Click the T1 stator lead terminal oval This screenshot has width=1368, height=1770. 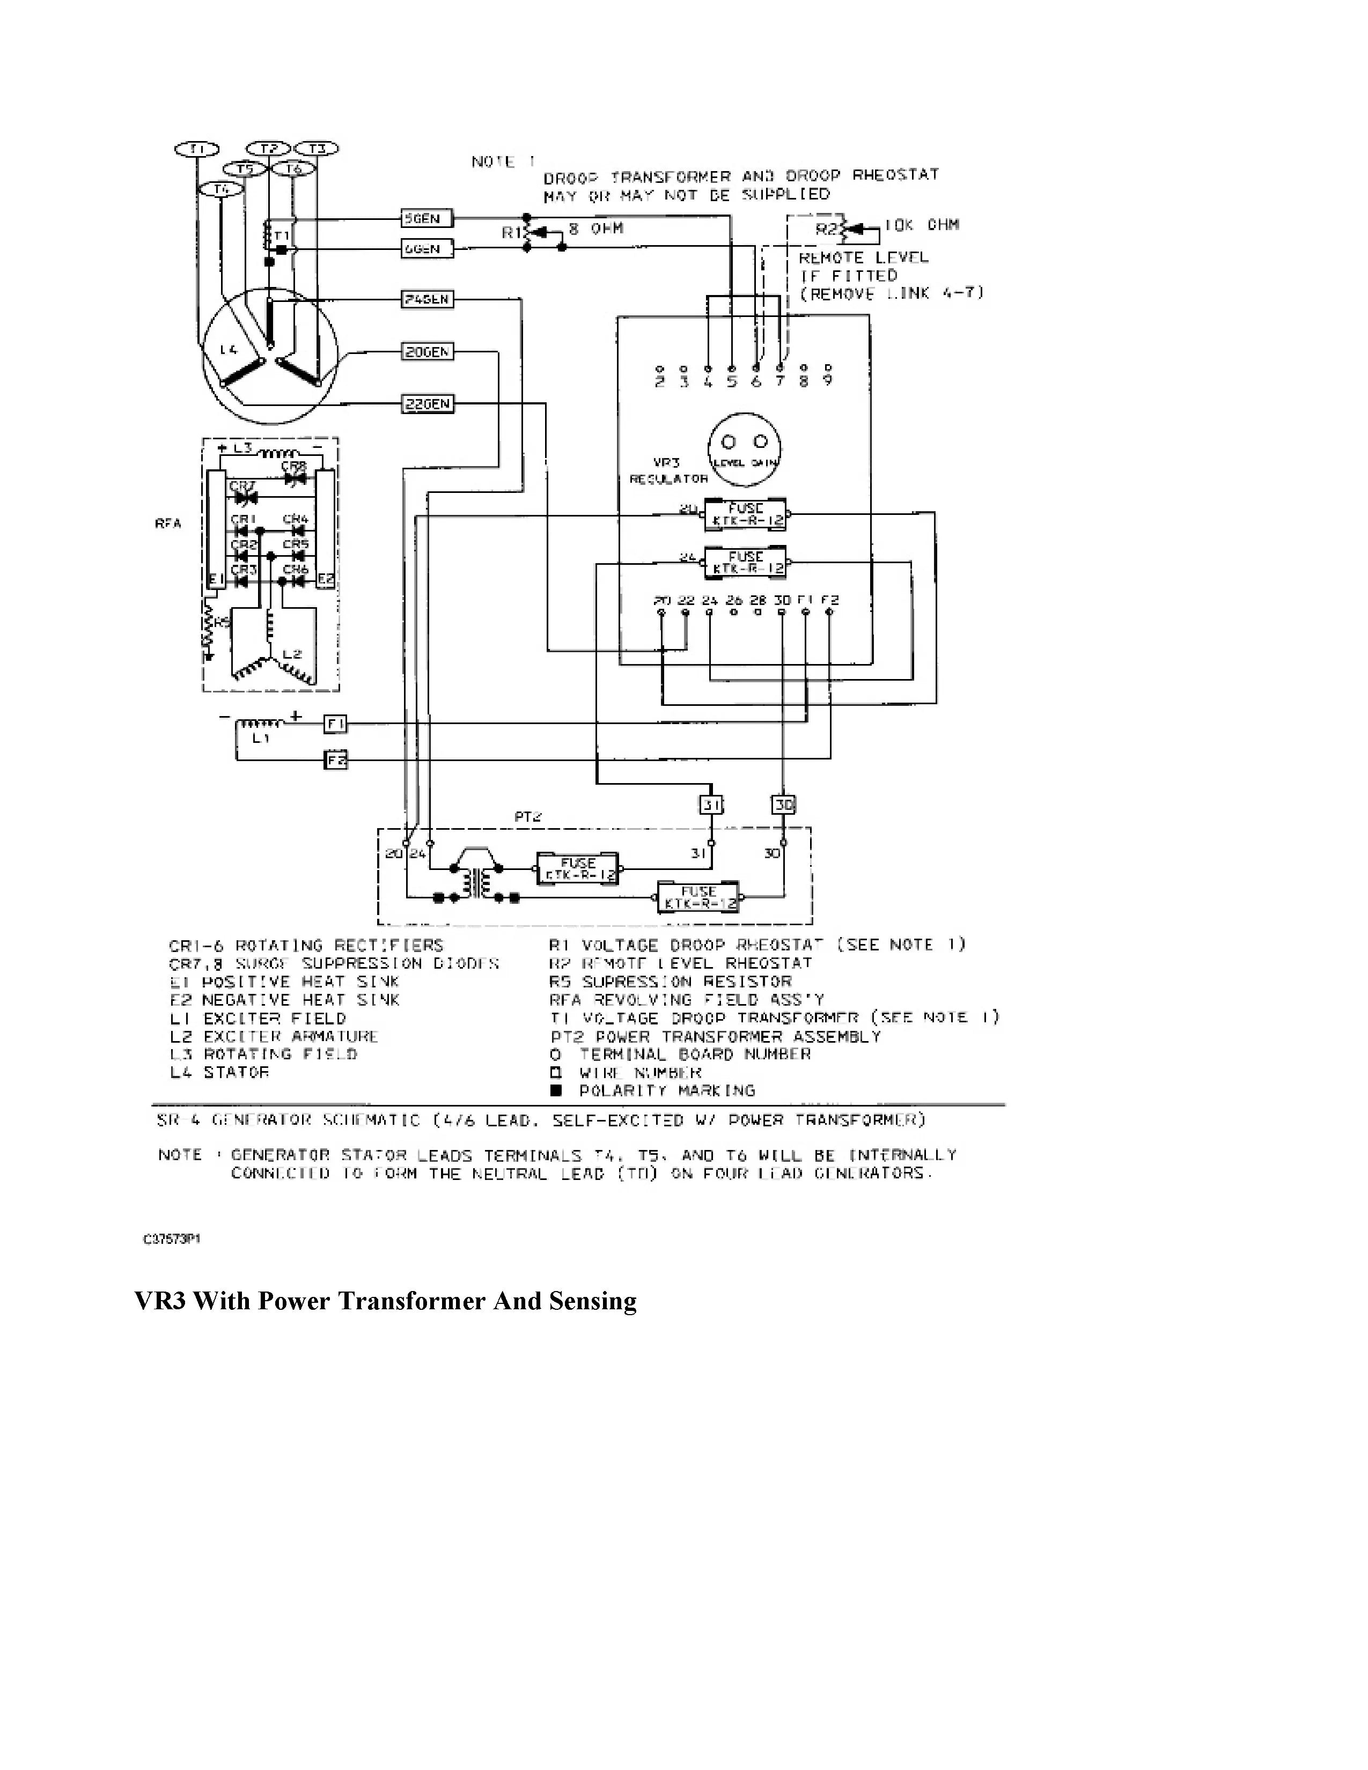pyautogui.click(x=195, y=149)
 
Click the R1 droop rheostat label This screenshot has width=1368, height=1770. pyautogui.click(x=511, y=233)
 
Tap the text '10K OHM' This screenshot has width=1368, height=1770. pyautogui.click(x=922, y=225)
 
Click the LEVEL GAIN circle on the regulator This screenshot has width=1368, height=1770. pyautogui.click(x=745, y=449)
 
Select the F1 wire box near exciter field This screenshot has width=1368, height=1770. pyautogui.click(x=335, y=724)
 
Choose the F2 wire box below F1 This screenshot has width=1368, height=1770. pyautogui.click(x=335, y=760)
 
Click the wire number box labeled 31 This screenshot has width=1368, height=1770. pyautogui.click(x=711, y=805)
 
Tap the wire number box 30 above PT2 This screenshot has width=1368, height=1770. pyautogui.click(x=783, y=805)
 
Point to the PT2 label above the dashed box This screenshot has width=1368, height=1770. pyautogui.click(x=527, y=817)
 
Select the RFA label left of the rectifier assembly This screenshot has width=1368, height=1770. pyautogui.click(x=168, y=523)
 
